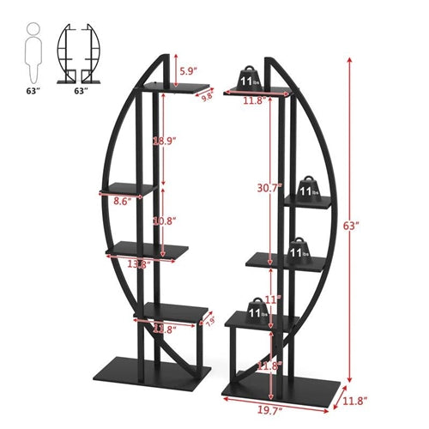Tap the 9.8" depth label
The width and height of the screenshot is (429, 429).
coord(206,97)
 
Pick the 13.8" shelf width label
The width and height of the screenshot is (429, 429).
coord(137,264)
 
